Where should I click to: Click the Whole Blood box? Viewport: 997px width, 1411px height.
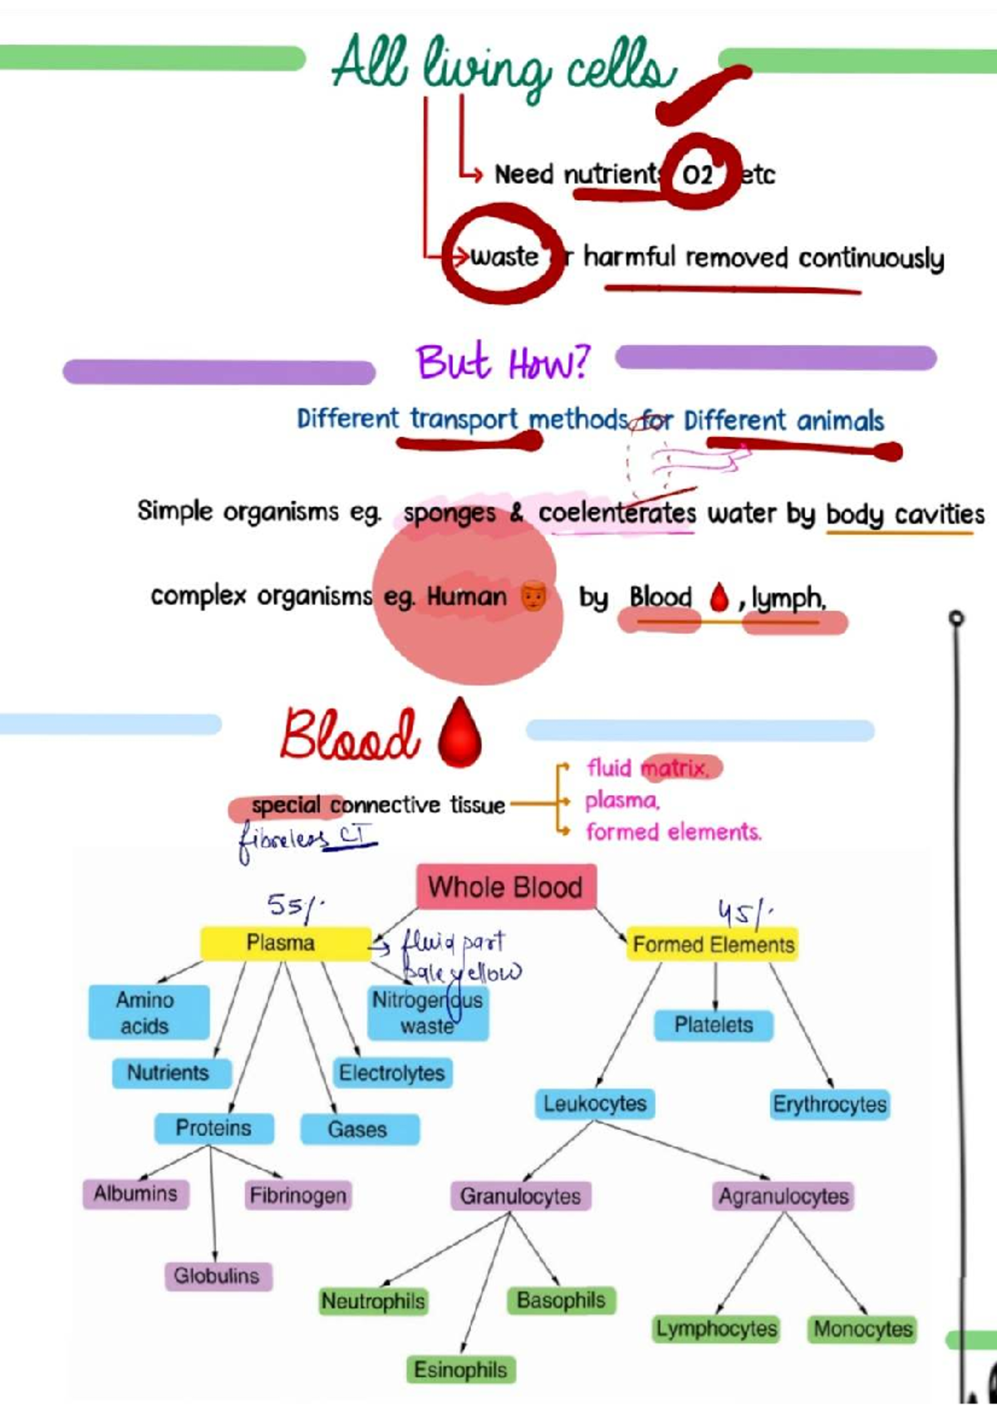pyautogui.click(x=505, y=887)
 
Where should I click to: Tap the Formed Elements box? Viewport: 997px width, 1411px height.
pyautogui.click(x=713, y=945)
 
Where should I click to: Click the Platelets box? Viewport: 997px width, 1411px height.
pyautogui.click(x=713, y=1025)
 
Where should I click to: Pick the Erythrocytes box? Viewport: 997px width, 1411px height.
pyautogui.click(x=829, y=1104)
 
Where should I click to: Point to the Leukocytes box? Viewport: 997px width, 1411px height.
pyautogui.click(x=594, y=1104)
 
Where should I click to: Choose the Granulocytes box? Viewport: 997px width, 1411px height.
pyautogui.click(x=520, y=1196)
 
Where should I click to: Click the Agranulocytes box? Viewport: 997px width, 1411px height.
pyautogui.click(x=783, y=1196)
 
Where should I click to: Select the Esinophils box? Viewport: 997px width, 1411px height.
pyautogui.click(x=460, y=1369)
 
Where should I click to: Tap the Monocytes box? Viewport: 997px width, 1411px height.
pyautogui.click(x=862, y=1329)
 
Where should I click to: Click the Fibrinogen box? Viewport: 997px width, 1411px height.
pyautogui.click(x=297, y=1195)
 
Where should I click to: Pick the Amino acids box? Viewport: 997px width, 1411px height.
pyautogui.click(x=147, y=1012)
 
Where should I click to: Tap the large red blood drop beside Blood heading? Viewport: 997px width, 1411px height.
pyautogui.click(x=459, y=732)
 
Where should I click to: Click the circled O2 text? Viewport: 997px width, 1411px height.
pyautogui.click(x=698, y=174)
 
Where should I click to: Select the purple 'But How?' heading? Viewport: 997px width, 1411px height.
pyautogui.click(x=502, y=363)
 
